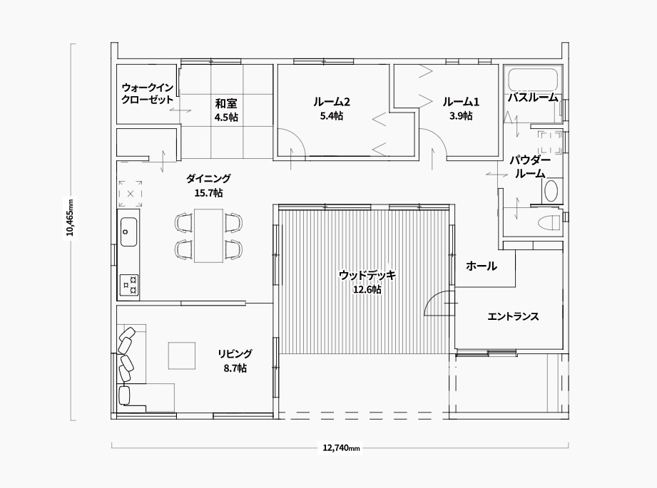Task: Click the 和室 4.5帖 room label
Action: point(226,110)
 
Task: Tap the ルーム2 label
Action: point(332,102)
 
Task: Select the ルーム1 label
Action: point(461,102)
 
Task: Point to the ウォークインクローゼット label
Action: point(147,94)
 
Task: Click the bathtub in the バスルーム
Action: point(534,80)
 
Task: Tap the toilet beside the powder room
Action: point(549,222)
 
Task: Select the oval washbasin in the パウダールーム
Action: point(551,191)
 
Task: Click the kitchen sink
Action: point(128,232)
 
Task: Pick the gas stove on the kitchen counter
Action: point(129,284)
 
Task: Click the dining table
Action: point(208,236)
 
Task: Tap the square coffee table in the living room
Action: point(182,355)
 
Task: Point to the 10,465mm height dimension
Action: point(71,217)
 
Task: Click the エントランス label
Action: point(513,316)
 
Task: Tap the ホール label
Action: point(482,266)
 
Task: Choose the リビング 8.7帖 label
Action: point(235,360)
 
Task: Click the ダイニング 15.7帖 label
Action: point(208,185)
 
